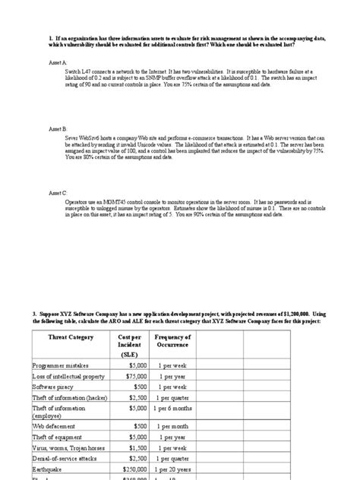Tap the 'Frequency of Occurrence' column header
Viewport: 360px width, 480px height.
(x=172, y=320)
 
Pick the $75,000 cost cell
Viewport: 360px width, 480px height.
(x=125, y=355)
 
